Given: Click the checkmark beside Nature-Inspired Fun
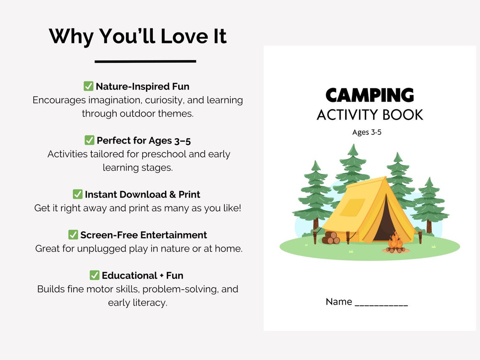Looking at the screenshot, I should [88, 86].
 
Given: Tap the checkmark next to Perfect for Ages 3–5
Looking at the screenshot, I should [89, 140].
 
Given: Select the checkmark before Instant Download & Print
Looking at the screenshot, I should [77, 194].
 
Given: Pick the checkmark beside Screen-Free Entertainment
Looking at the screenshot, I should [73, 235].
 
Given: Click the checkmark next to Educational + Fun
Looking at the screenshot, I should [95, 275].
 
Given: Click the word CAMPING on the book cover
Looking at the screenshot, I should [370, 96].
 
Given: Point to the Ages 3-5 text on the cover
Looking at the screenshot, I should [367, 132].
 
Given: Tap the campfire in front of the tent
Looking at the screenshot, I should [395, 243].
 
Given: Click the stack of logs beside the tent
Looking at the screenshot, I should [331, 238].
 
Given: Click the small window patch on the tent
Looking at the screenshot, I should [352, 208].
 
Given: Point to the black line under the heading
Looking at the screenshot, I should [145, 61].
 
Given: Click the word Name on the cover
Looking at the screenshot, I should [339, 301].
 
